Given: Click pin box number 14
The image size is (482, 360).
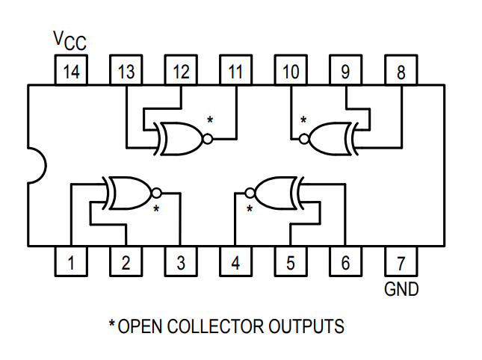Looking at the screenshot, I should (71, 72).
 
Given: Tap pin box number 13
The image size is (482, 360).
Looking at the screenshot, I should (126, 72).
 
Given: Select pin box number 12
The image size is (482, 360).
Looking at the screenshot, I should (181, 72).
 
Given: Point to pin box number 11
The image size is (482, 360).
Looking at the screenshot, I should (236, 72).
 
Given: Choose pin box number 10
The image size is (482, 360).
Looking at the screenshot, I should (291, 72).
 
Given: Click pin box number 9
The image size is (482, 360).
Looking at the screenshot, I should (346, 72).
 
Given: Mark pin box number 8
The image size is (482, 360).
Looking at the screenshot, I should (401, 72).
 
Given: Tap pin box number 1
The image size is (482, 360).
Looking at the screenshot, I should (71, 262).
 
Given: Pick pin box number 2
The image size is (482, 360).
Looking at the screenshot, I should (126, 262).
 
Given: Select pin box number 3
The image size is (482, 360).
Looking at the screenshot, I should (181, 262).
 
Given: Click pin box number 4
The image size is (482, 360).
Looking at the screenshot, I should (236, 262).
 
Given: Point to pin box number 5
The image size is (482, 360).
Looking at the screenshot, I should (291, 262).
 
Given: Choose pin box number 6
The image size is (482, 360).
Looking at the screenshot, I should (346, 262).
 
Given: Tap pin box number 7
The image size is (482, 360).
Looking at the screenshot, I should (401, 262).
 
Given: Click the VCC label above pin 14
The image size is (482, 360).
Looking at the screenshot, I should (69, 41).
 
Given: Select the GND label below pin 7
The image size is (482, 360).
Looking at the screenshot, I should (401, 288).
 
